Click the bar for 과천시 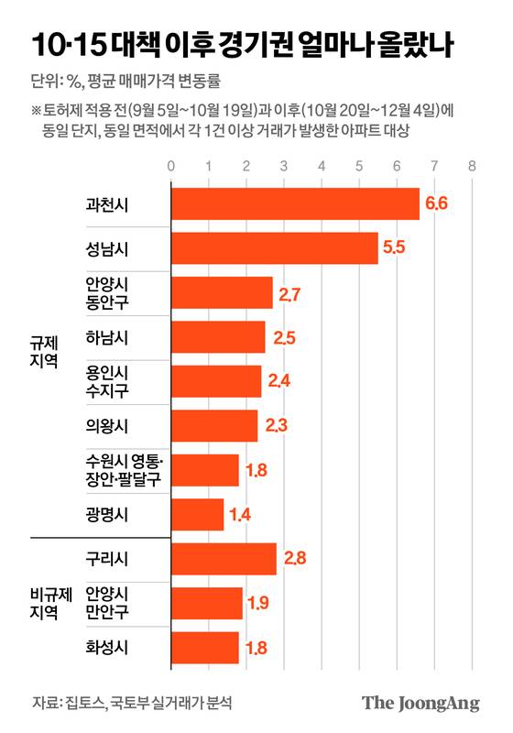[294, 203]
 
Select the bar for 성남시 [274, 248]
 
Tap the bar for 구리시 [223, 559]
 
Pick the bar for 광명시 [197, 514]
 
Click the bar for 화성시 [204, 648]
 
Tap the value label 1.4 [240, 514]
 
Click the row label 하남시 [107, 337]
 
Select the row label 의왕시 [107, 426]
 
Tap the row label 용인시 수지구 [107, 382]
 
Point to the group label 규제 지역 [44, 351]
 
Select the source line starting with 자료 [132, 704]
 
